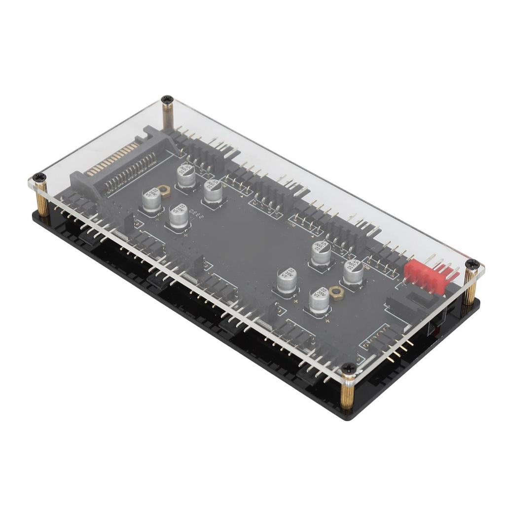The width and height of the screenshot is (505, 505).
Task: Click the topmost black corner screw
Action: point(167,99)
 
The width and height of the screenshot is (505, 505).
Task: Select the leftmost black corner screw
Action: point(39,178)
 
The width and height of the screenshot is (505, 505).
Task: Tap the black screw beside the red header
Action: point(472,264)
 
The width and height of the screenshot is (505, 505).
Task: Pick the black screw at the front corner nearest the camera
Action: point(349,368)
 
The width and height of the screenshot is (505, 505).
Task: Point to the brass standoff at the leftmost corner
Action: point(42,200)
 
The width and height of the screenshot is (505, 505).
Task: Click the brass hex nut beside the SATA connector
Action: point(164,190)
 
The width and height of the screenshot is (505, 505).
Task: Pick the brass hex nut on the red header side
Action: point(337,293)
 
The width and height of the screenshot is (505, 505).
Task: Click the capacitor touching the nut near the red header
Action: point(320,301)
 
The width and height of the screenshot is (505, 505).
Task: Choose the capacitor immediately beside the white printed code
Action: point(179,217)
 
